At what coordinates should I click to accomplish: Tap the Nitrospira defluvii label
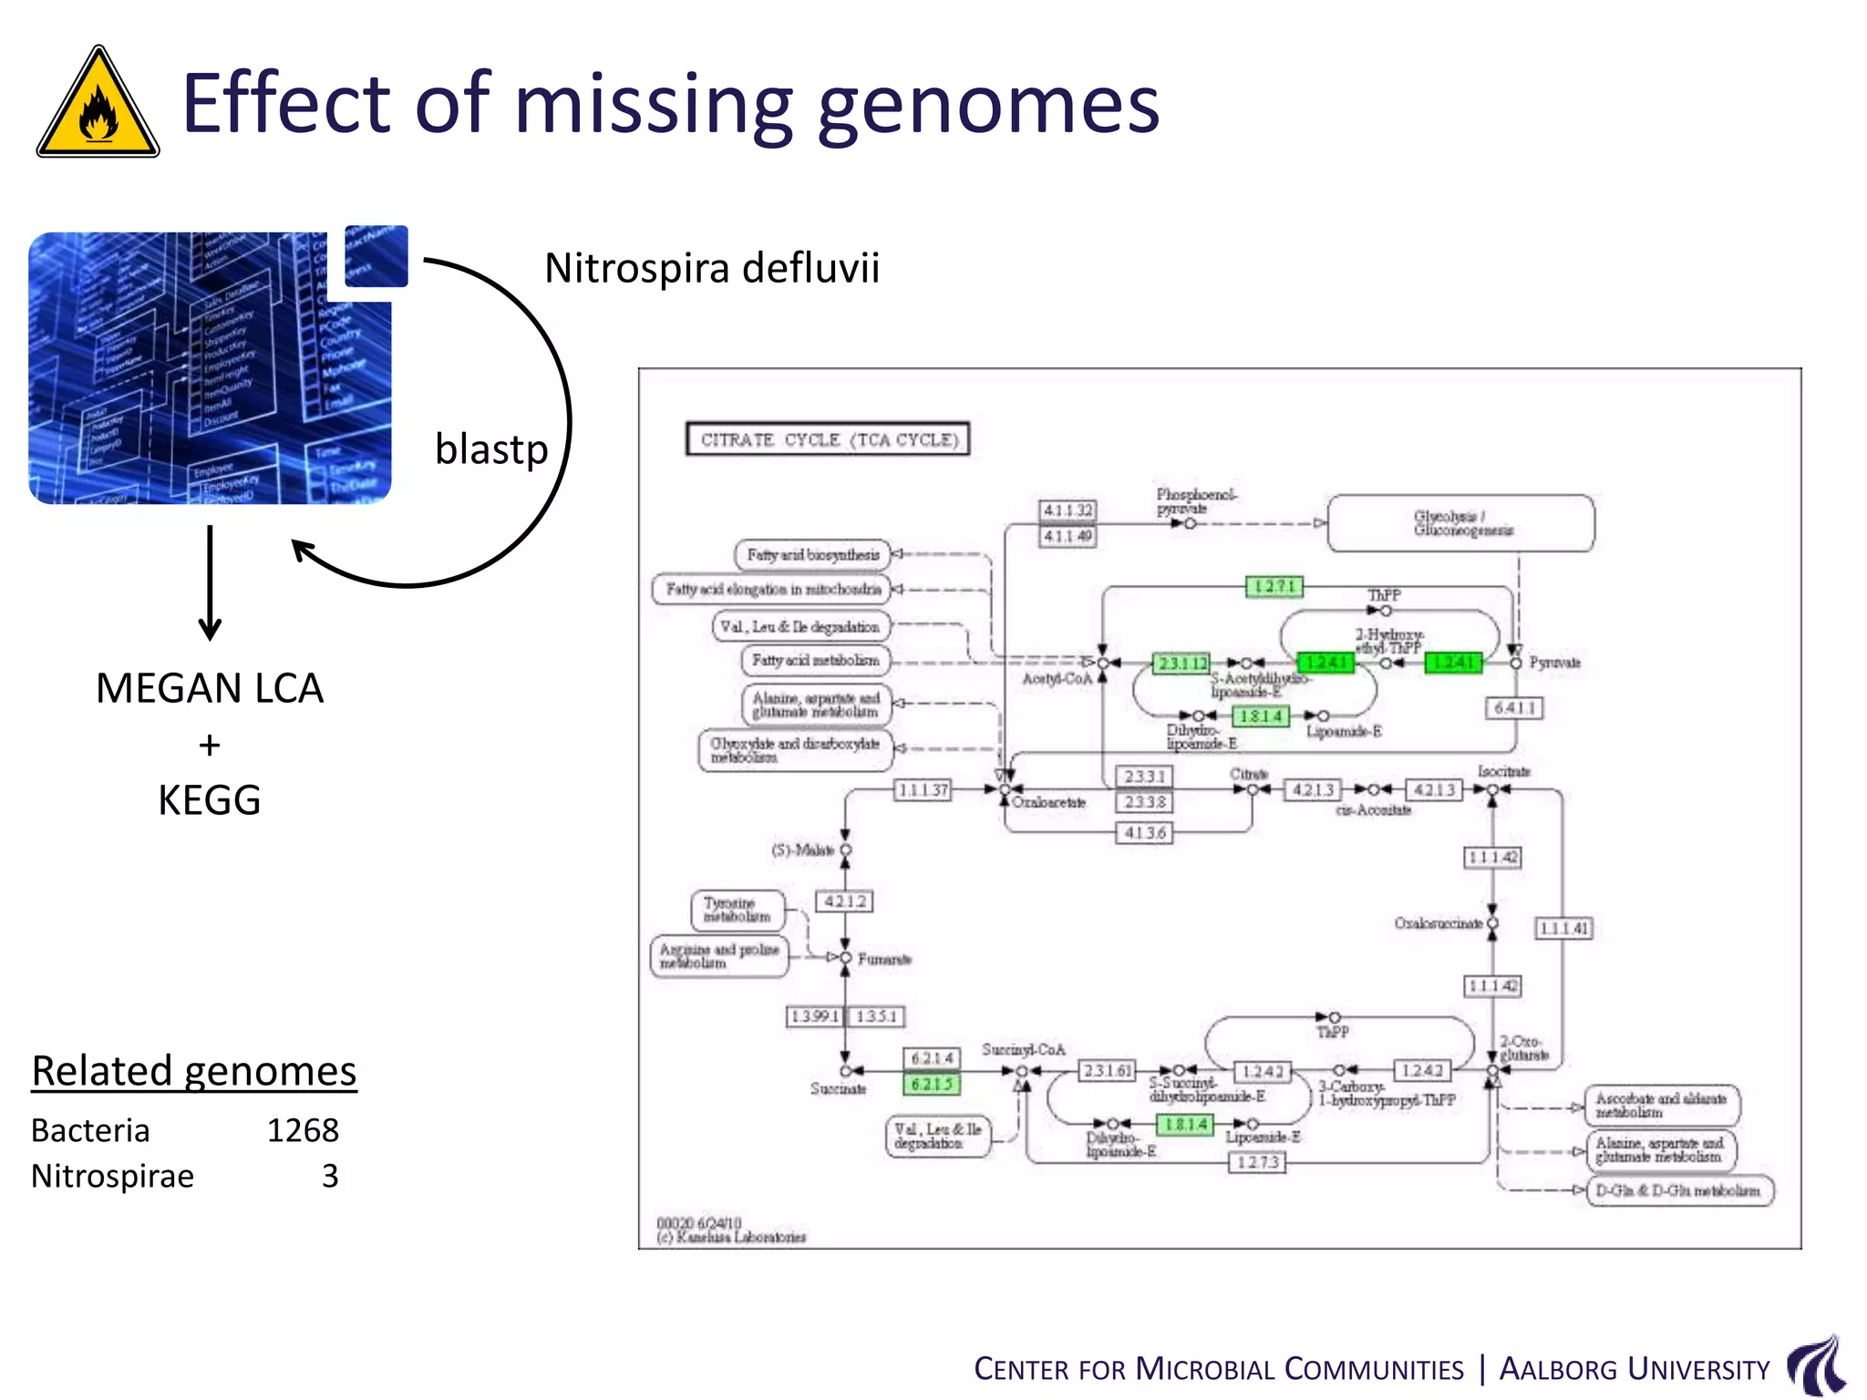click(x=711, y=268)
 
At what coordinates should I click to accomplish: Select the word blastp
click(x=490, y=449)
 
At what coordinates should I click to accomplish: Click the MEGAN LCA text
click(x=210, y=688)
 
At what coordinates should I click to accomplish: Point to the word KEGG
click(x=210, y=800)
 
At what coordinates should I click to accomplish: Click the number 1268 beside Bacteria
click(x=303, y=1130)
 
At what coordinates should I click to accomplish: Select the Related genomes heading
click(x=194, y=1071)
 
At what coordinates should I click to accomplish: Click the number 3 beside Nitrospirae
click(x=329, y=1176)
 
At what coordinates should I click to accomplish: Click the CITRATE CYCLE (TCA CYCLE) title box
click(x=828, y=439)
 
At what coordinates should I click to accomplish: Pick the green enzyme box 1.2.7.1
click(x=1274, y=586)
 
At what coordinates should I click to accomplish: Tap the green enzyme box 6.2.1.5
click(x=931, y=1084)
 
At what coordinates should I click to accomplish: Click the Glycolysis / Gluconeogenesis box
click(x=1461, y=523)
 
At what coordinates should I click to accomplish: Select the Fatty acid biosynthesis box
click(x=812, y=554)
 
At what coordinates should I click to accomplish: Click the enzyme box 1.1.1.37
click(x=923, y=789)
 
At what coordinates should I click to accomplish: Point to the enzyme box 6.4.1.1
click(x=1514, y=708)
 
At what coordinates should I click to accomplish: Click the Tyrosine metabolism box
click(x=737, y=910)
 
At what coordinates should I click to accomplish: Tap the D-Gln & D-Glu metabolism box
click(x=1679, y=1190)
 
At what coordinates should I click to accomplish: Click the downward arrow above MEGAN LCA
click(x=210, y=583)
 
